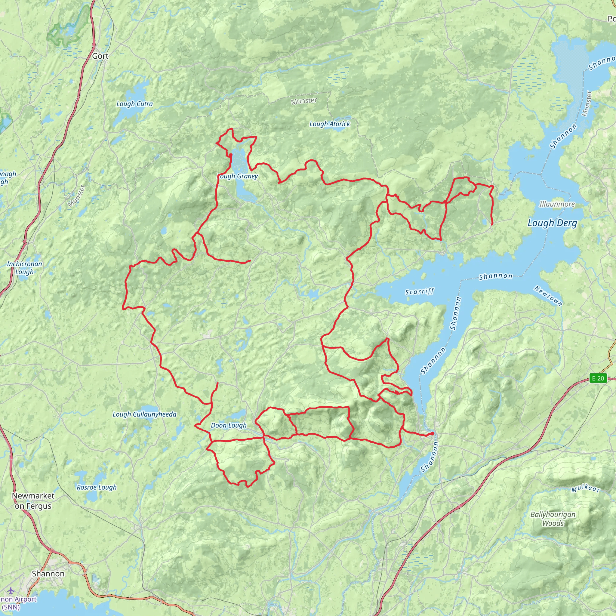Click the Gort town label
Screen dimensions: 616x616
pyautogui.click(x=100, y=56)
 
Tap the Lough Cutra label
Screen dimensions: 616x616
pyautogui.click(x=134, y=104)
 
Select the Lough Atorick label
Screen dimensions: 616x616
pyautogui.click(x=330, y=124)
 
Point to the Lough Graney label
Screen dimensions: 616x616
pyautogui.click(x=238, y=176)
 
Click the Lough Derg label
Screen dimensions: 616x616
pyautogui.click(x=552, y=223)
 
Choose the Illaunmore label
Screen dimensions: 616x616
pyautogui.click(x=557, y=204)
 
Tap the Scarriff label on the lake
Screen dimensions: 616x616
pyautogui.click(x=419, y=291)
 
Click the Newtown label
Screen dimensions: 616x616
pyautogui.click(x=548, y=296)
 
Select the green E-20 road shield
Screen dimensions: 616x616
pyautogui.click(x=598, y=378)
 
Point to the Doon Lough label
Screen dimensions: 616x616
pyautogui.click(x=229, y=425)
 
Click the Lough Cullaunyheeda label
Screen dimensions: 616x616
pyautogui.click(x=144, y=414)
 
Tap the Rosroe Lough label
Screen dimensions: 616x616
pyautogui.click(x=97, y=487)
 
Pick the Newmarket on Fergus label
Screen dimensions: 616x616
pyautogui.click(x=33, y=501)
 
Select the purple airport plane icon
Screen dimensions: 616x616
pyautogui.click(x=11, y=590)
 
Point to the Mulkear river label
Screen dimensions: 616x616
pyautogui.click(x=586, y=489)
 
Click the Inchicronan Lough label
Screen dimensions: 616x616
pyautogui.click(x=24, y=268)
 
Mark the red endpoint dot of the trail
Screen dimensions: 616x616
pyautogui.click(x=432, y=434)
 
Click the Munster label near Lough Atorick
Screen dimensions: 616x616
pyautogui.click(x=304, y=101)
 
